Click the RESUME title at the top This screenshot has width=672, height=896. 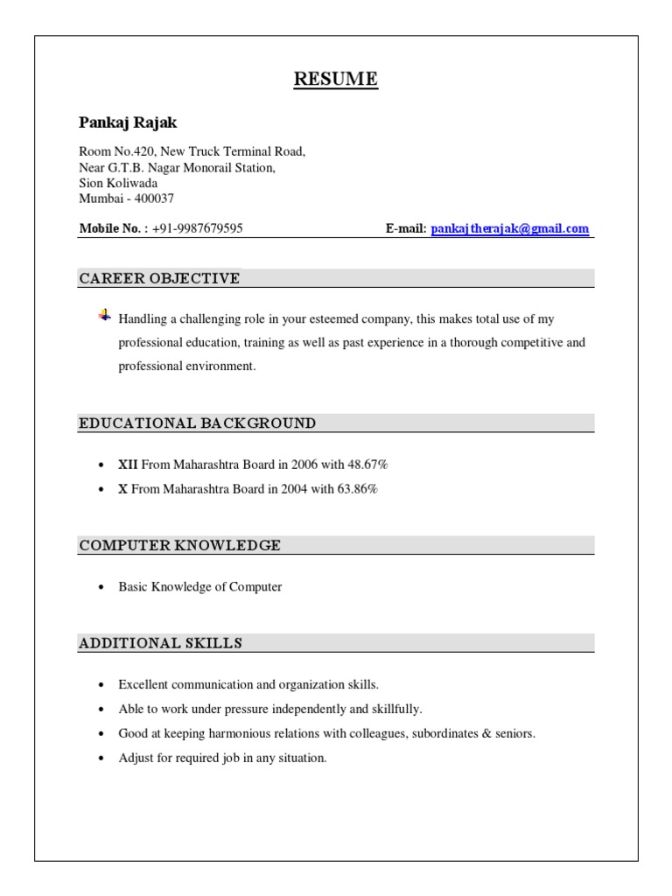pyautogui.click(x=336, y=80)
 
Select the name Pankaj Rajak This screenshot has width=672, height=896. pyautogui.click(x=128, y=122)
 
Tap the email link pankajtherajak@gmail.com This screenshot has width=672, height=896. pyautogui.click(x=510, y=228)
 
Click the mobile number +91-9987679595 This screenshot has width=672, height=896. pyautogui.click(x=197, y=228)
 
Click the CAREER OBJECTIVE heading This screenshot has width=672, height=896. pyautogui.click(x=159, y=278)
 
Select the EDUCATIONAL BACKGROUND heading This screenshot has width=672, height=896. pyautogui.click(x=198, y=423)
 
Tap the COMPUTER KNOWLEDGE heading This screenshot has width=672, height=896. pyautogui.click(x=180, y=545)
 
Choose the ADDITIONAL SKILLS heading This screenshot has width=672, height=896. pyautogui.click(x=161, y=643)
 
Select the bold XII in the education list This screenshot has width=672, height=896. pyautogui.click(x=129, y=465)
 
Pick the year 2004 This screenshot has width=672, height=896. pyautogui.click(x=295, y=489)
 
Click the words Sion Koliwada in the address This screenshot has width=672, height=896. pyautogui.click(x=118, y=183)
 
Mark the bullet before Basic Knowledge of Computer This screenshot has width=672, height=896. pyautogui.click(x=101, y=587)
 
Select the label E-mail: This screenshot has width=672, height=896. pyautogui.click(x=406, y=228)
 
